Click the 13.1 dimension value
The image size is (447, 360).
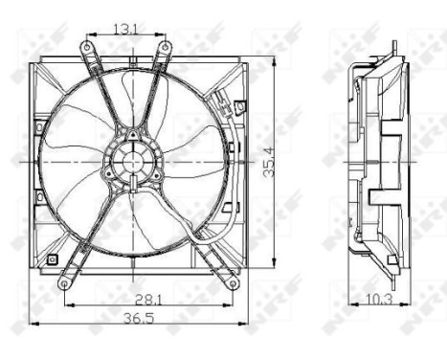click(x=124, y=28)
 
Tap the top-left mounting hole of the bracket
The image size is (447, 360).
click(x=87, y=46)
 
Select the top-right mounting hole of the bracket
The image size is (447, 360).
click(x=165, y=46)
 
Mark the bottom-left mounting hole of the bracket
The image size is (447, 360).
click(x=63, y=283)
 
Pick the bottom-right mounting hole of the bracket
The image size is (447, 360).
click(x=233, y=281)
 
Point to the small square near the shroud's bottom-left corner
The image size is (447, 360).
click(x=55, y=259)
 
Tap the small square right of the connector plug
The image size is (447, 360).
click(x=240, y=104)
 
